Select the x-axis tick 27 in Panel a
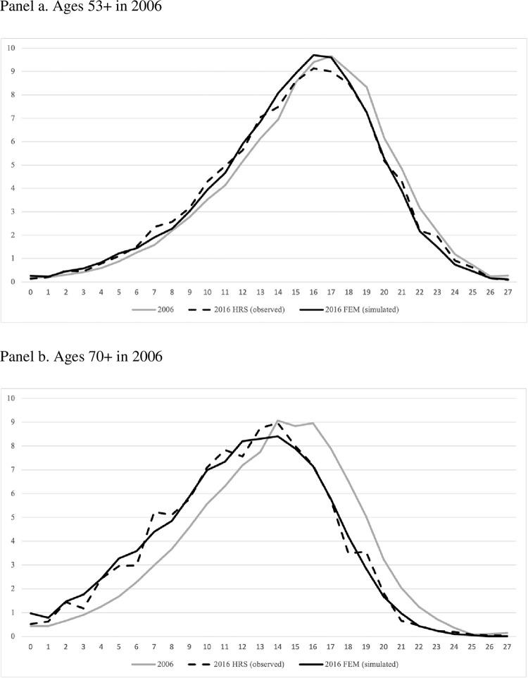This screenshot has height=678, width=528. [507, 292]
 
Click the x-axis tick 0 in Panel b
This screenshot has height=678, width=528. [31, 646]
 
